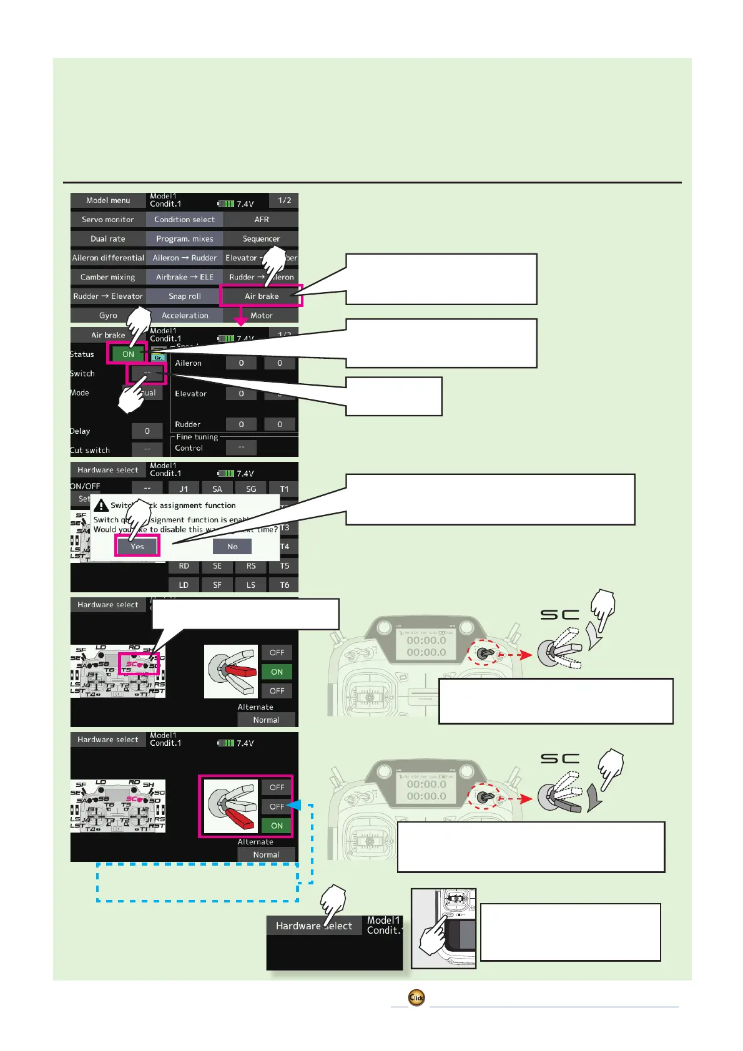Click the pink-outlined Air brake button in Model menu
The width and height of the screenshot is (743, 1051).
coord(261,296)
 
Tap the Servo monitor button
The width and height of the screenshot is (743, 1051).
coord(107,220)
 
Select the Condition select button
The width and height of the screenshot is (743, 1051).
coord(184,220)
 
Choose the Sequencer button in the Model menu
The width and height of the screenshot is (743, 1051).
coord(261,239)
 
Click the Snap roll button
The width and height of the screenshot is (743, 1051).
coord(184,296)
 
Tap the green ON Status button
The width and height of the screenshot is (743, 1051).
coord(128,354)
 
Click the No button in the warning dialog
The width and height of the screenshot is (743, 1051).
coord(232,547)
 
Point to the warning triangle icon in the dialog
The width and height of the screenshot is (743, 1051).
coord(101,506)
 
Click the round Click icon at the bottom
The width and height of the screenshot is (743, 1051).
coord(416,997)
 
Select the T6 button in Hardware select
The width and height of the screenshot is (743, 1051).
coord(284,585)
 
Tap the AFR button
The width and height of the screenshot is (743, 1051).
coord(261,220)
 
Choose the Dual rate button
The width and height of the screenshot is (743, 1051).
coord(107,239)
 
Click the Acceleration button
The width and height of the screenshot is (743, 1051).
coord(184,316)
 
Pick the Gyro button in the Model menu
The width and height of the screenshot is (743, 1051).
coord(107,316)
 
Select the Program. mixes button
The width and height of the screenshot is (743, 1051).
coord(184,239)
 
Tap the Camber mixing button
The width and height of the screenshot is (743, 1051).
coord(107,277)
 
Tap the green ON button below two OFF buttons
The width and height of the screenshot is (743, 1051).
coord(277,826)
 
